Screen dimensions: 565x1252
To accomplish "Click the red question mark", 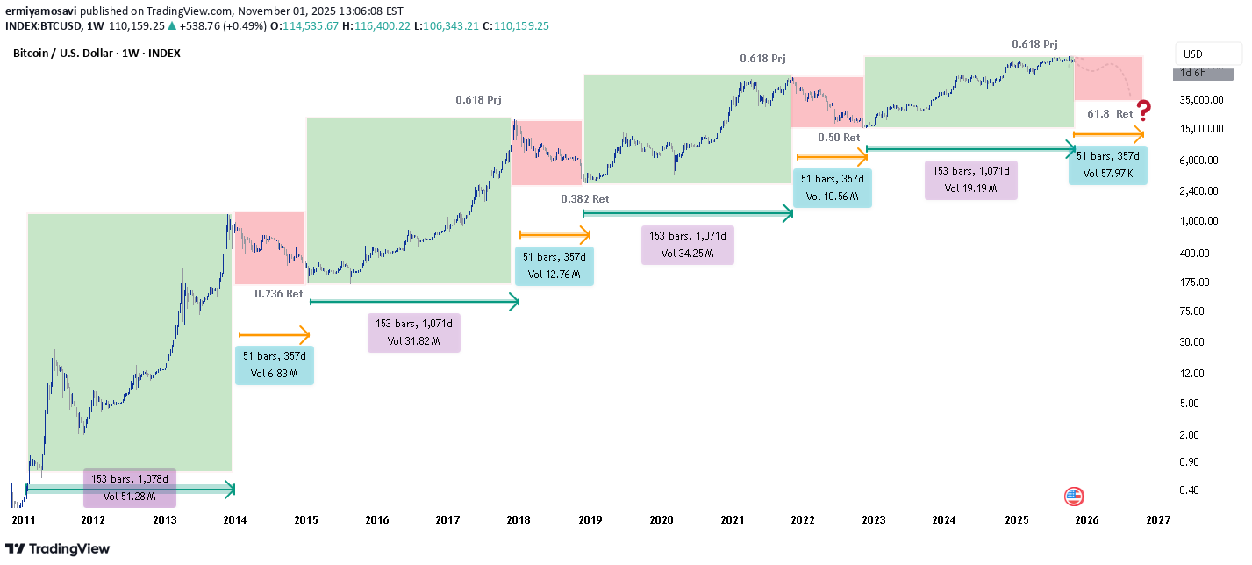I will pos(1144,111).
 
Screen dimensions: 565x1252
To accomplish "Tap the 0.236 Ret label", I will pos(279,294).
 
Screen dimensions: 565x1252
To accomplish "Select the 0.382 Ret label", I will pos(584,199).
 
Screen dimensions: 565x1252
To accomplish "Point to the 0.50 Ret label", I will pos(839,138).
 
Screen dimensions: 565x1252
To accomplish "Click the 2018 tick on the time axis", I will pos(519,519).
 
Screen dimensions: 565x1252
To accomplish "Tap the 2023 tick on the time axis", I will pos(873,519).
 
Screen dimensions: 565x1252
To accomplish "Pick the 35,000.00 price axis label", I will pos(1202,99).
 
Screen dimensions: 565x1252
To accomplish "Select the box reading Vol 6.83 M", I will pos(274,365).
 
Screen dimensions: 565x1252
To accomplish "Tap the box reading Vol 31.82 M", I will pos(414,333).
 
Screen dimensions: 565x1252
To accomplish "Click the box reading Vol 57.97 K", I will pos(1107,165).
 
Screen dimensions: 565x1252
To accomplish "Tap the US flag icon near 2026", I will pos(1074,497).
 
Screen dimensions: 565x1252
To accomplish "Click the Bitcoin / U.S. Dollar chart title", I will pos(97,54).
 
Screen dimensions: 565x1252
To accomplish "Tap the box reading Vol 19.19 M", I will pos(971,180).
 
